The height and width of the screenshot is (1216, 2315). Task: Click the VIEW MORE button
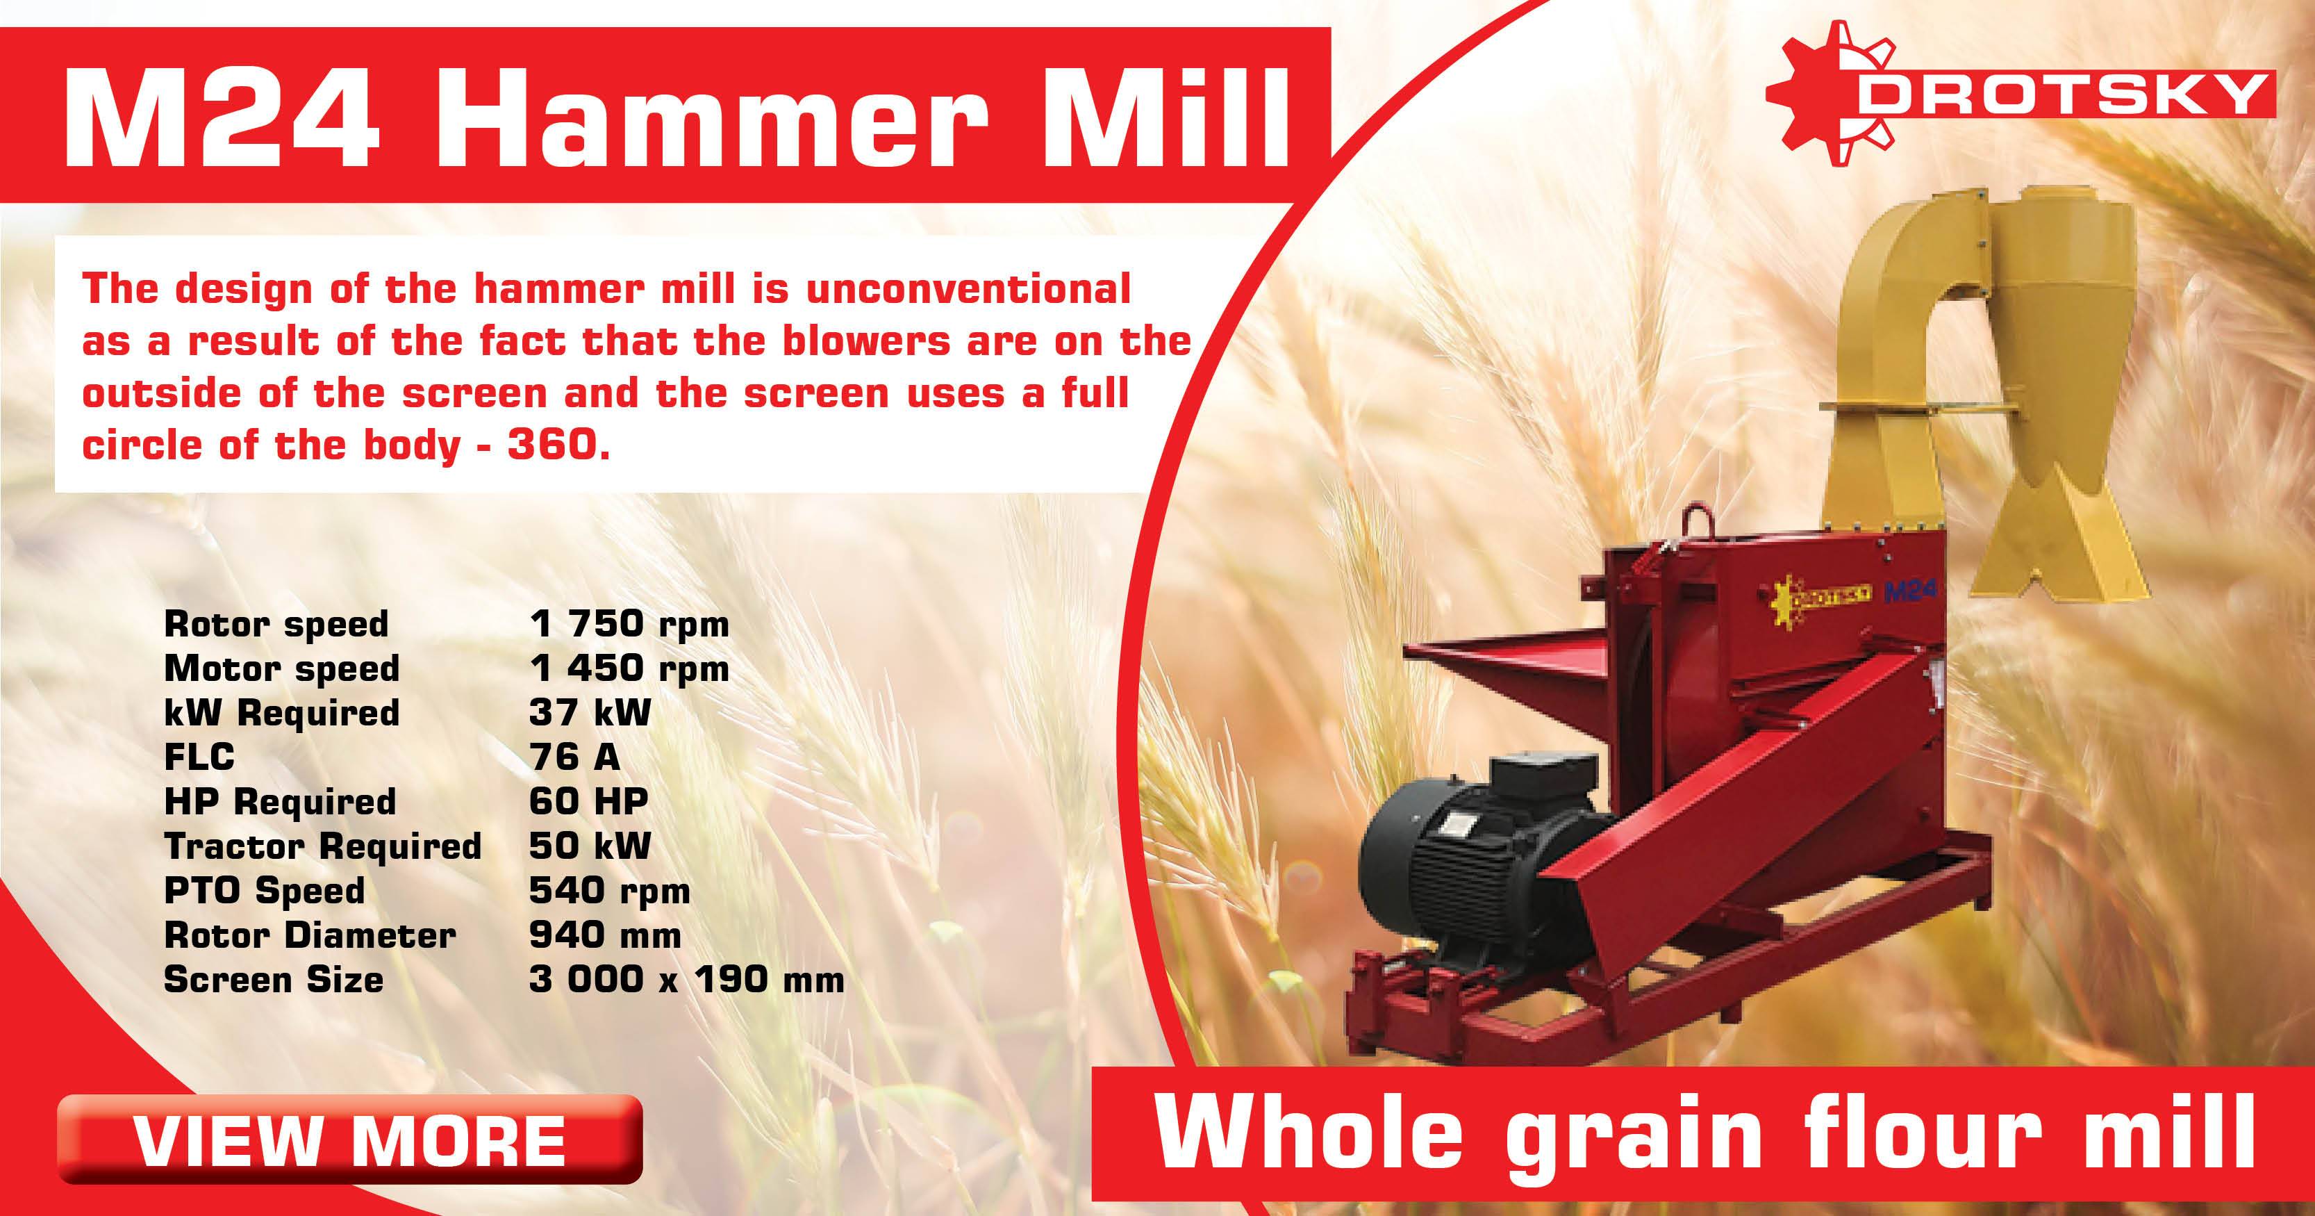(349, 1139)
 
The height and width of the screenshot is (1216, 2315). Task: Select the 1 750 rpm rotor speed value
(629, 624)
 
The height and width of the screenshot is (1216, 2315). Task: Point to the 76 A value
(574, 757)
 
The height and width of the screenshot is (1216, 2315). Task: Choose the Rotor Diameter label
(310, 935)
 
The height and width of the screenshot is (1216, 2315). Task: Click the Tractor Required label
(322, 846)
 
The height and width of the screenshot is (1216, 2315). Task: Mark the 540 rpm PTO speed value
(609, 891)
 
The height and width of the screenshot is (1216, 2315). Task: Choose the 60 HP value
(588, 800)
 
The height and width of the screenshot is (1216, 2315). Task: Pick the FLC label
(199, 757)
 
